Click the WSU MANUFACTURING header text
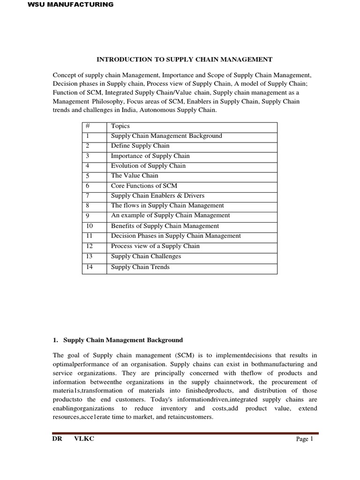point(71,5)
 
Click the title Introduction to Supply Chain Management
point(184,60)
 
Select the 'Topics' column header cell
point(120,126)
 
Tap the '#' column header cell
point(87,126)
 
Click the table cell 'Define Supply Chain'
point(140,146)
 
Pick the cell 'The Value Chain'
point(135,176)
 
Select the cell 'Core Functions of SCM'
point(144,186)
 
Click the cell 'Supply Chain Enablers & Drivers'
point(157,195)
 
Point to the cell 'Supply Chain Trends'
point(140,267)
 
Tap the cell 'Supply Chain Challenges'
point(146,256)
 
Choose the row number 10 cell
point(90,226)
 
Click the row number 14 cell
point(90,267)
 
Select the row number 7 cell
point(88,195)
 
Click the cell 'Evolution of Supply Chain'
point(148,165)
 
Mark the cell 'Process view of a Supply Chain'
point(155,246)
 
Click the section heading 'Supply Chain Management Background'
point(123,340)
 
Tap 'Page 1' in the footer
point(304,439)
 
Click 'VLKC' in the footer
point(84,439)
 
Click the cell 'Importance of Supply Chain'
point(150,156)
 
